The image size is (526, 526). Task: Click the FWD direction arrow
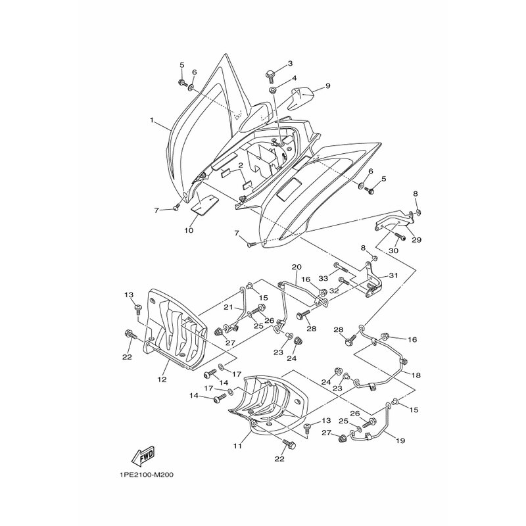[143, 456]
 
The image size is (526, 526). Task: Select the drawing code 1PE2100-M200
[146, 475]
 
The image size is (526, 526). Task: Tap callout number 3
[290, 63]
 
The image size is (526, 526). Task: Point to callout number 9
[327, 86]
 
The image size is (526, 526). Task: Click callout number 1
[152, 120]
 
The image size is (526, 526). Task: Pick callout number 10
[189, 231]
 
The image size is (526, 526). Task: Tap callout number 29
[416, 240]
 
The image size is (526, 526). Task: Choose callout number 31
[393, 275]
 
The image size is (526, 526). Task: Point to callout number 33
[323, 278]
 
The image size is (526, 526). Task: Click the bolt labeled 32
[344, 280]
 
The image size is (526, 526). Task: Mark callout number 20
[297, 267]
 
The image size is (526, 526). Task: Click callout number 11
[238, 446]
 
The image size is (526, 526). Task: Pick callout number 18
[416, 375]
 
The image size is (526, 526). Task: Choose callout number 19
[400, 441]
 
